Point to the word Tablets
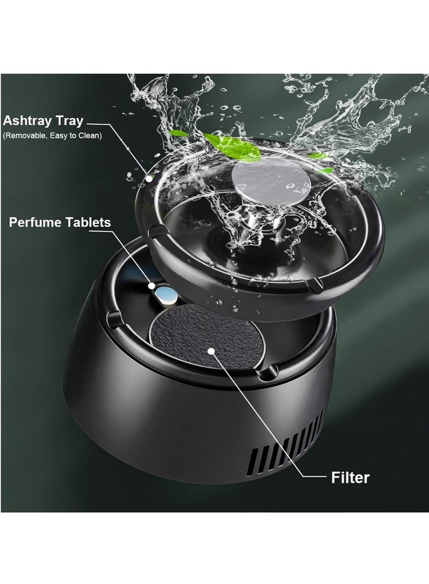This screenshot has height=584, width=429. click(x=86, y=222)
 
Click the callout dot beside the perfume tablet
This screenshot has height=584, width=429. click(x=151, y=286)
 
